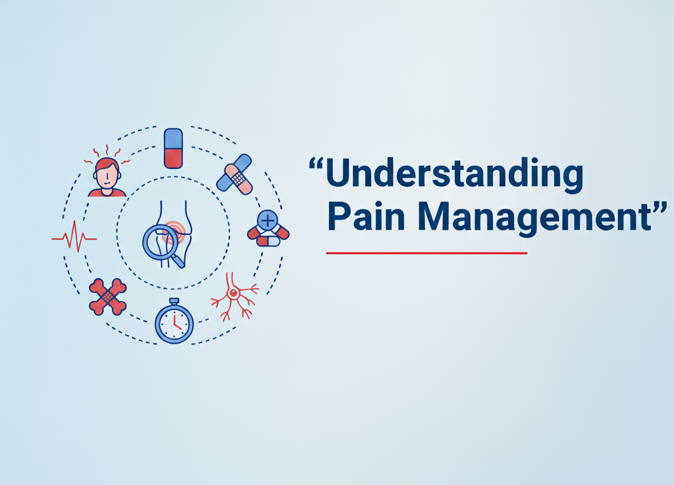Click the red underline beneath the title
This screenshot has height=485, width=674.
coord(427,253)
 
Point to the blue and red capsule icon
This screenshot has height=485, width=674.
coord(173,148)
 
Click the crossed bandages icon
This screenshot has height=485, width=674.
coord(234,173)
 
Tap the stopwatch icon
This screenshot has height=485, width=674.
coord(174,322)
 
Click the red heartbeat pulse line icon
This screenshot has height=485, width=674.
coord(74,237)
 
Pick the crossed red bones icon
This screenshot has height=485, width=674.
coord(107,297)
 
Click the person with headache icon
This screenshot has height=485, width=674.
coord(107,176)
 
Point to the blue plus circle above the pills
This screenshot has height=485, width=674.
coord(267,220)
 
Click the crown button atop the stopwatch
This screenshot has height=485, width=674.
coord(174,301)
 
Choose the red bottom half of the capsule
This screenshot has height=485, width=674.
coord(173,158)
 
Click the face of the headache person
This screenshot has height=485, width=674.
coord(107,174)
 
